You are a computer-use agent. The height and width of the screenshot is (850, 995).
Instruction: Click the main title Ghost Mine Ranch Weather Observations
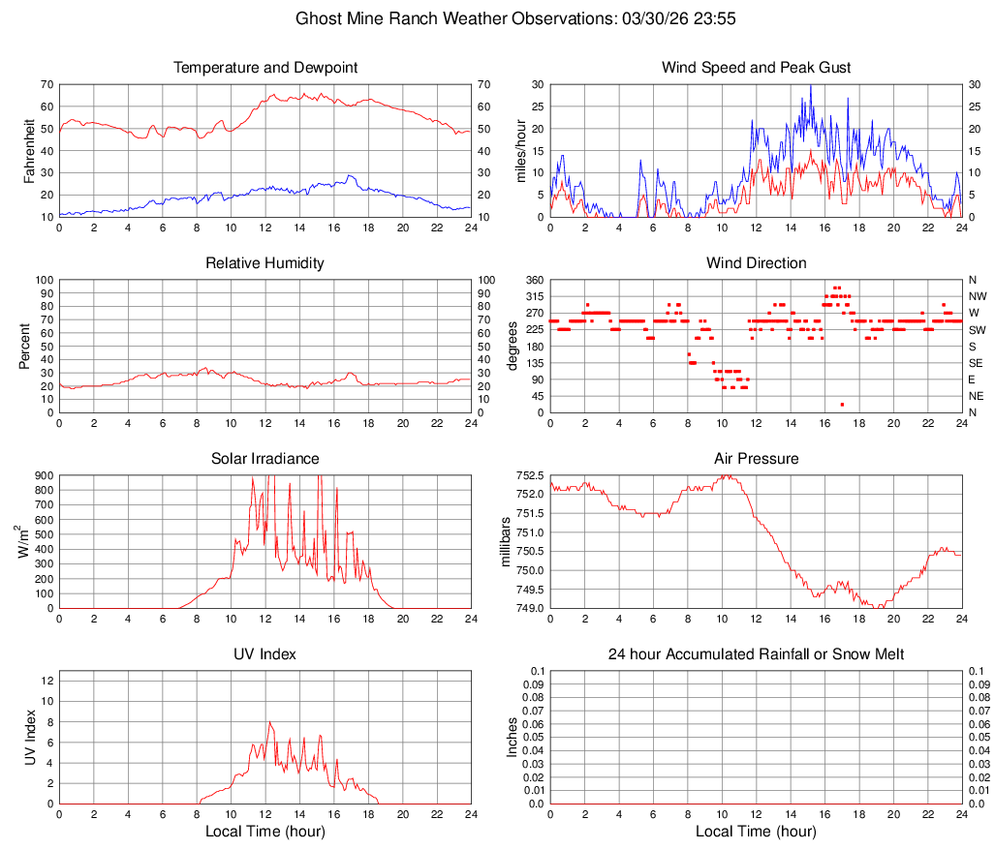(497, 18)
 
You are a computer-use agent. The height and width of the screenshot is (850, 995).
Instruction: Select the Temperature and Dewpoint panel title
(265, 68)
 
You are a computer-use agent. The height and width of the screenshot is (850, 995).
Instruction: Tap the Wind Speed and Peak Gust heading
(756, 68)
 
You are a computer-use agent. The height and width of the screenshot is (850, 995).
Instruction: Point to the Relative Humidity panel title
(265, 263)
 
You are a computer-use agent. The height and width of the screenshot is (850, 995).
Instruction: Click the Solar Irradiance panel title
(265, 459)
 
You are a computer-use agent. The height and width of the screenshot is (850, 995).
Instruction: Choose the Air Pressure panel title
(756, 459)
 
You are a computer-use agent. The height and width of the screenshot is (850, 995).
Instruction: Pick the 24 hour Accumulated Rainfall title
(756, 654)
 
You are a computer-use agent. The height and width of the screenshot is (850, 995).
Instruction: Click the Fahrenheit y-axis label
(30, 150)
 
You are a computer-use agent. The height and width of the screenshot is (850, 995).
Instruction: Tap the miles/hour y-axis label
(521, 150)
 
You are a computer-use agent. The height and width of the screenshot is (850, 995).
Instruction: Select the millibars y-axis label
(505, 542)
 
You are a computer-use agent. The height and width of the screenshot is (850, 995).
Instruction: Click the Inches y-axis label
(514, 737)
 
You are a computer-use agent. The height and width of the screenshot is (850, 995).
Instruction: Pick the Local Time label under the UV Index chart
(265, 832)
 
